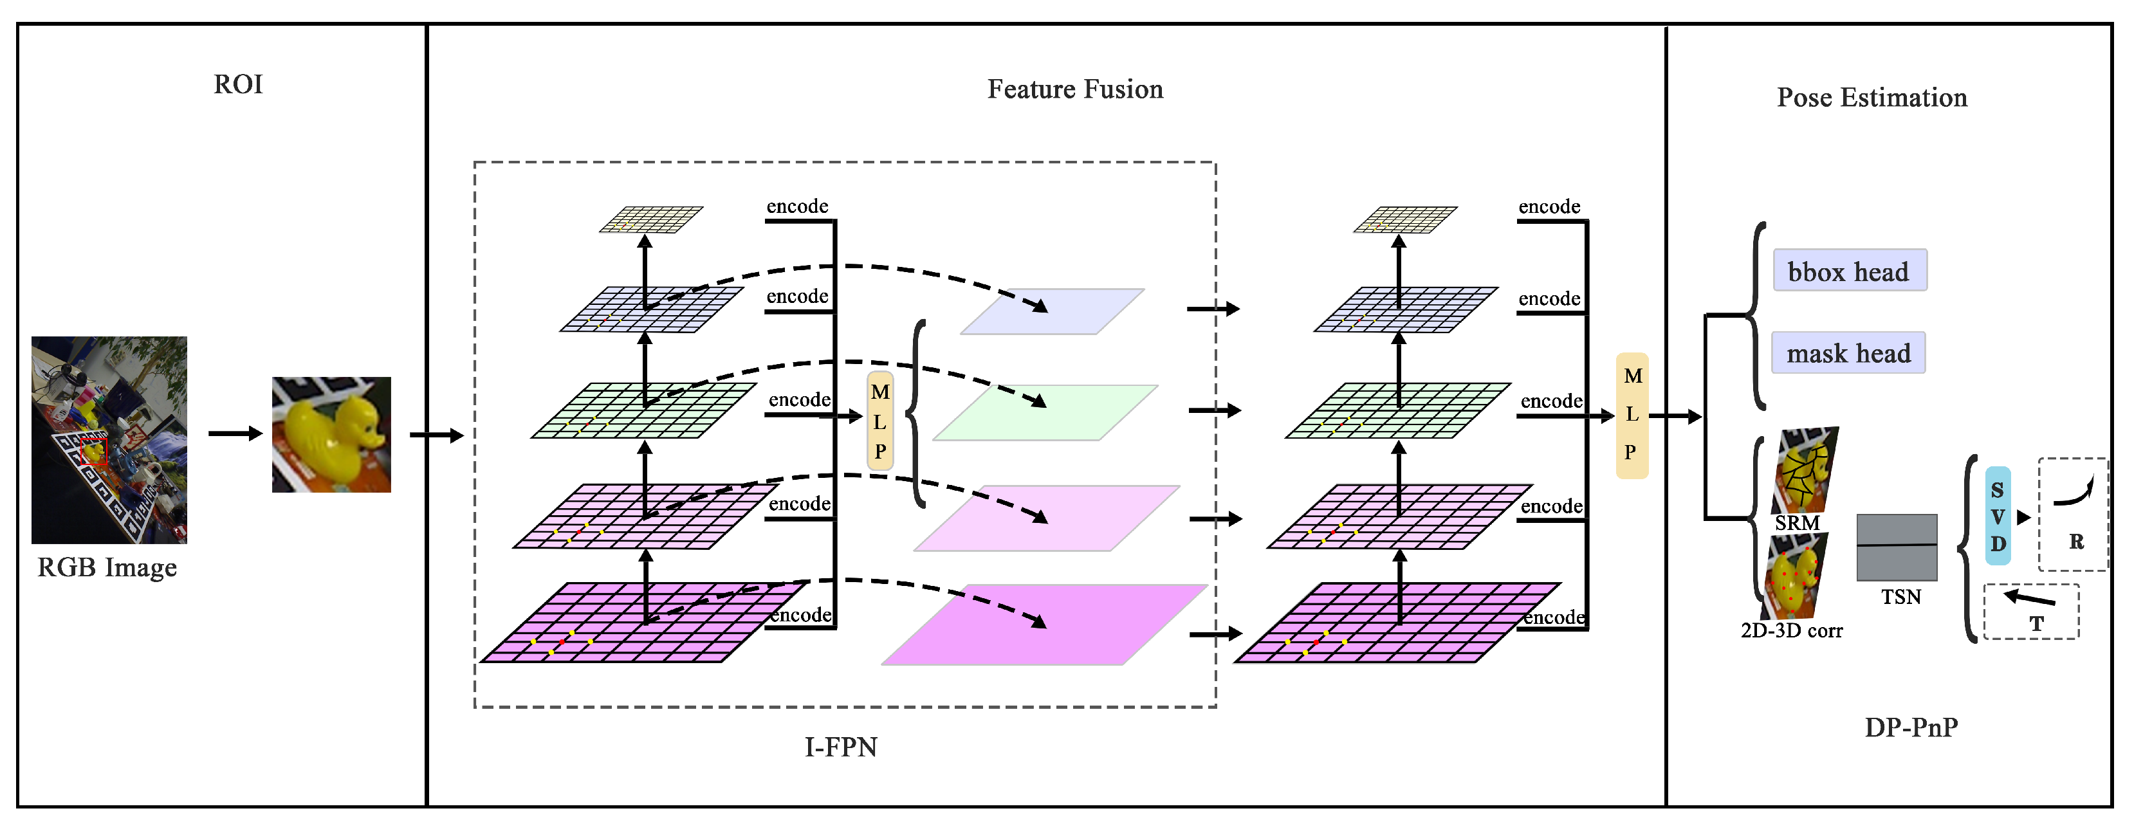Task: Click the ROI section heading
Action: click(238, 84)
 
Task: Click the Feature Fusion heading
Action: click(1074, 89)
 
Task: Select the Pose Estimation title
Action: click(1871, 98)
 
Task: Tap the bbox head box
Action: click(1849, 271)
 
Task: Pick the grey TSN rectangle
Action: click(1896, 547)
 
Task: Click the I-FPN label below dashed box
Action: click(840, 747)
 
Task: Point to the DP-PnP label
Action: click(1910, 727)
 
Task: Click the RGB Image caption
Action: click(107, 567)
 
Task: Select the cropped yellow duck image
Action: click(331, 435)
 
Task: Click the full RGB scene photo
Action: click(109, 440)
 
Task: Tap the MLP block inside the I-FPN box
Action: click(879, 422)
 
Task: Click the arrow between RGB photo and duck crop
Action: click(234, 434)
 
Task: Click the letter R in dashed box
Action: click(2075, 541)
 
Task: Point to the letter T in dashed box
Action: click(2036, 623)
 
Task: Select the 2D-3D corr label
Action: click(1791, 630)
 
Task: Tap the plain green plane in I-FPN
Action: click(1045, 412)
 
